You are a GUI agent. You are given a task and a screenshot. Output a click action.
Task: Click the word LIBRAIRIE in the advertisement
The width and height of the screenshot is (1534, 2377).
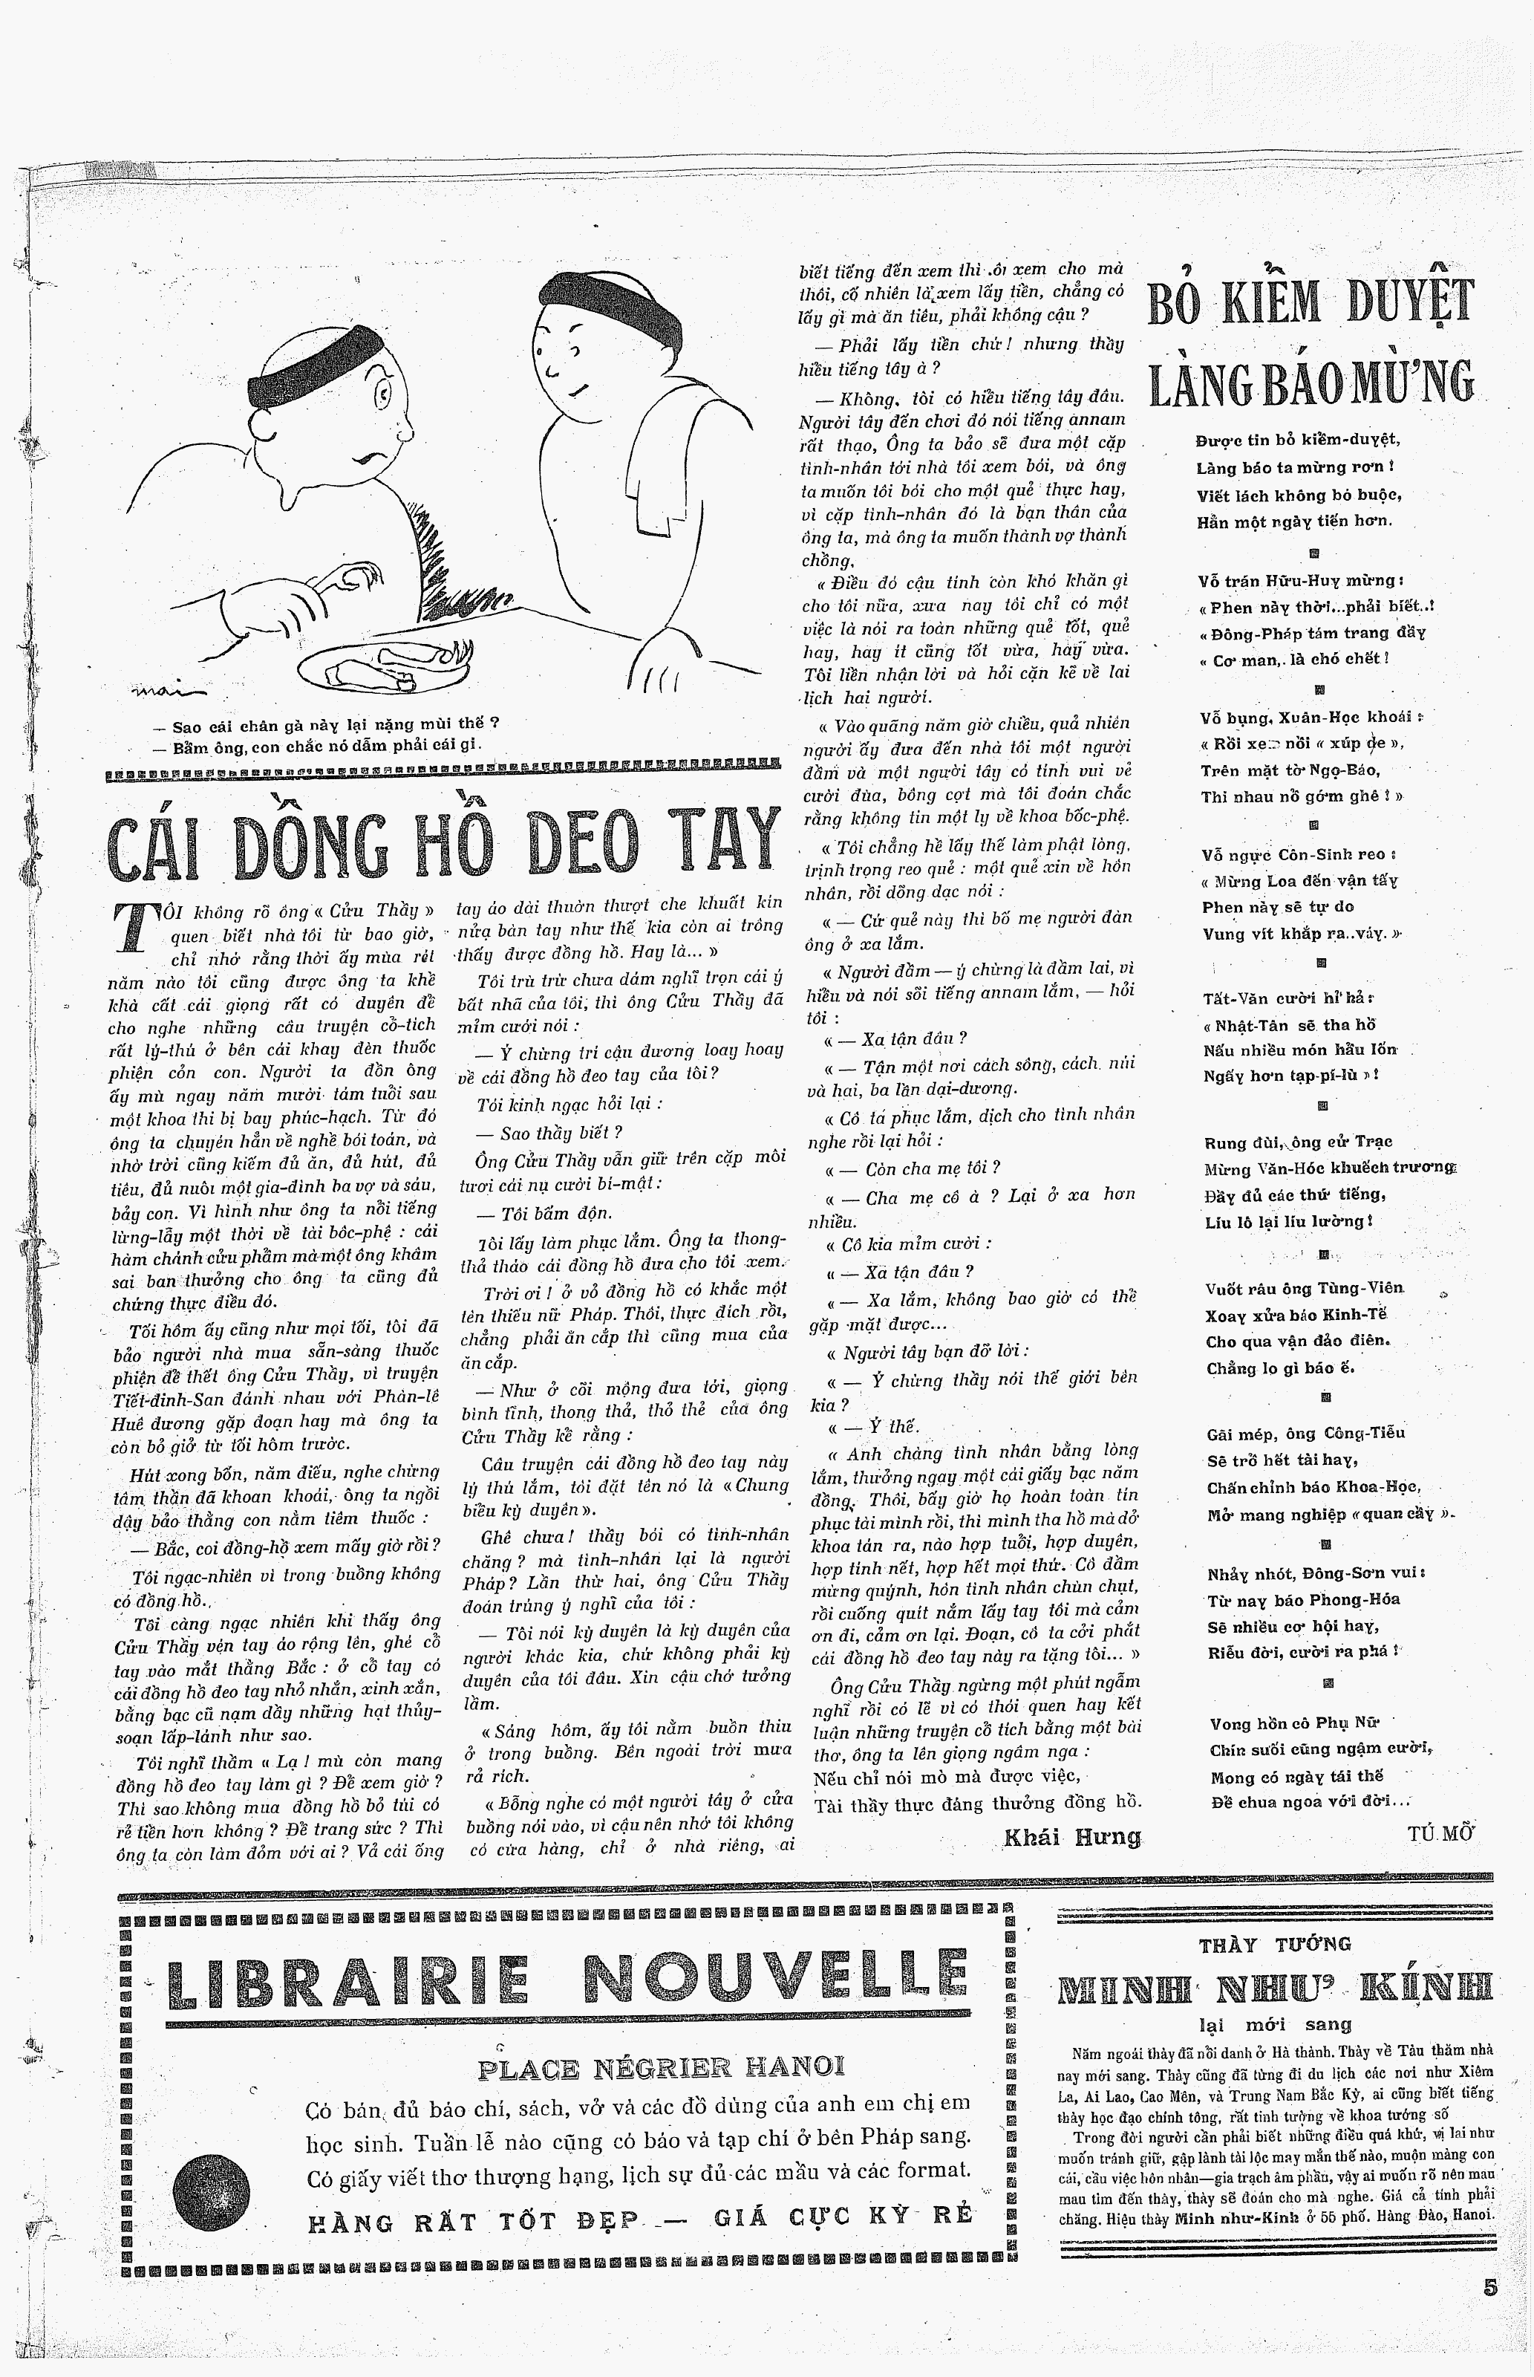pos(347,1982)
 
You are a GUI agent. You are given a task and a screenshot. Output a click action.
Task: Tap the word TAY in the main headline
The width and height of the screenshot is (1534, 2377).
pos(714,842)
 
